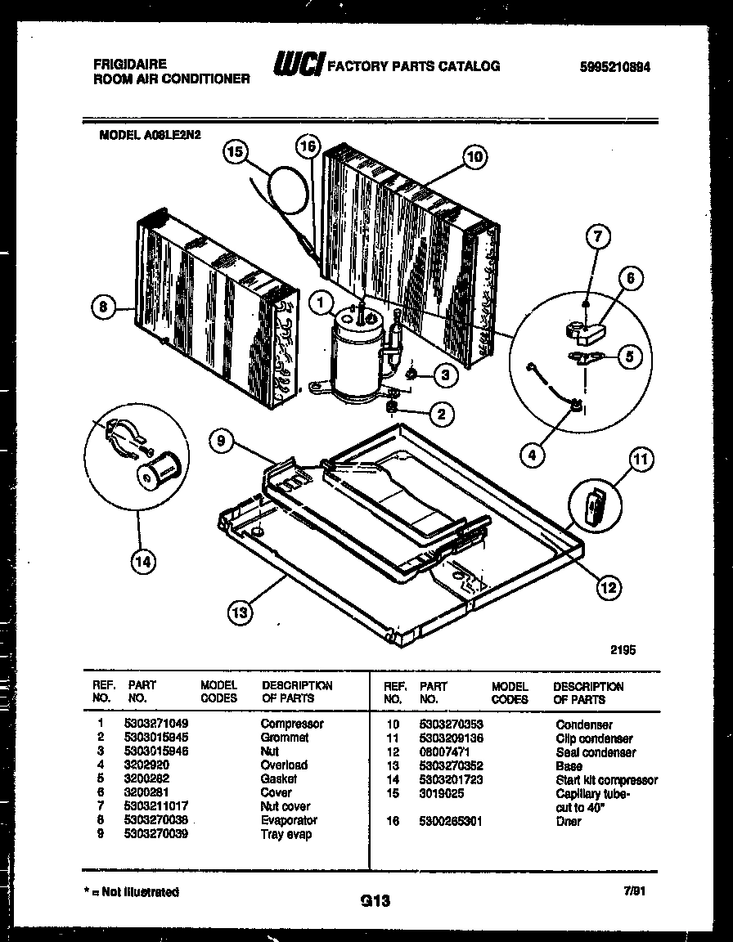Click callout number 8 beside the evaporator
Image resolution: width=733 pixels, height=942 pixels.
pyautogui.click(x=102, y=307)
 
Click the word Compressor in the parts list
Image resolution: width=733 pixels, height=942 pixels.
pyautogui.click(x=291, y=724)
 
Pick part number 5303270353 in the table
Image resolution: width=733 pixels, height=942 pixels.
pyautogui.click(x=451, y=724)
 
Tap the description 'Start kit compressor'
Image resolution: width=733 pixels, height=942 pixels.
pyautogui.click(x=606, y=780)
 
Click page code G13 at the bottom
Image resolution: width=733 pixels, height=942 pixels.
pyautogui.click(x=374, y=901)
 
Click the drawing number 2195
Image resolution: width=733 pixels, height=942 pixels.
pyautogui.click(x=623, y=650)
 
